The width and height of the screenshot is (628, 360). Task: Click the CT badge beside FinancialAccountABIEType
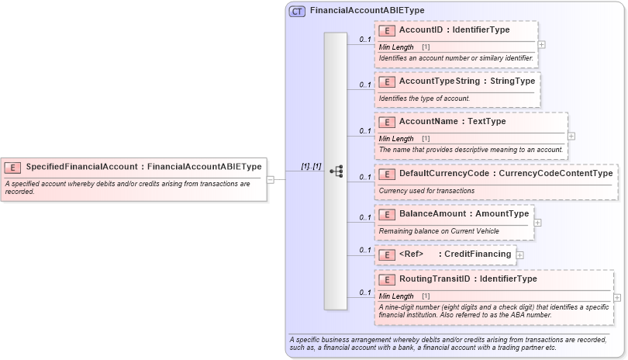pyautogui.click(x=297, y=12)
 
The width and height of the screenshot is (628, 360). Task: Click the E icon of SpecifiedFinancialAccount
pyautogui.click(x=12, y=167)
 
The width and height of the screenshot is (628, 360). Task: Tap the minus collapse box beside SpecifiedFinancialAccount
pyautogui.click(x=271, y=179)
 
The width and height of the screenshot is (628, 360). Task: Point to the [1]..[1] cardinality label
pyautogui.click(x=311, y=166)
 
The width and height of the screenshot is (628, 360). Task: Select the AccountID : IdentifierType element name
pyautogui.click(x=454, y=30)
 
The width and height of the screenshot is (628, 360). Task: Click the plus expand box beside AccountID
pyautogui.click(x=541, y=45)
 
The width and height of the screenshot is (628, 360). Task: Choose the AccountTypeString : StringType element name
pyautogui.click(x=466, y=81)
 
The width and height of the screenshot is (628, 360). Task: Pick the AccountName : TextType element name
pyautogui.click(x=452, y=122)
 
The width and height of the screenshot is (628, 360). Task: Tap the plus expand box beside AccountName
pyautogui.click(x=571, y=136)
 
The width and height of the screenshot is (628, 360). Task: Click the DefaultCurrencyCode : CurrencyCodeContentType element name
pyautogui.click(x=506, y=174)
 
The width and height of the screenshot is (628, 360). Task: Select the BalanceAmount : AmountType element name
pyautogui.click(x=464, y=214)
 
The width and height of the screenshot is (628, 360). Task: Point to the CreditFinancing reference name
pyautogui.click(x=477, y=254)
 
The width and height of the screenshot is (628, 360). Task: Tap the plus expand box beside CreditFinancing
pyautogui.click(x=520, y=254)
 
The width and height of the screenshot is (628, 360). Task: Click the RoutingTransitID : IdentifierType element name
pyautogui.click(x=468, y=279)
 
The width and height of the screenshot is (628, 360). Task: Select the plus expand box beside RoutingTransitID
pyautogui.click(x=617, y=297)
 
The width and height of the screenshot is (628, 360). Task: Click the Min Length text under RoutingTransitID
pyautogui.click(x=396, y=296)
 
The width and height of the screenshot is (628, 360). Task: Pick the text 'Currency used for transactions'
pyautogui.click(x=426, y=191)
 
